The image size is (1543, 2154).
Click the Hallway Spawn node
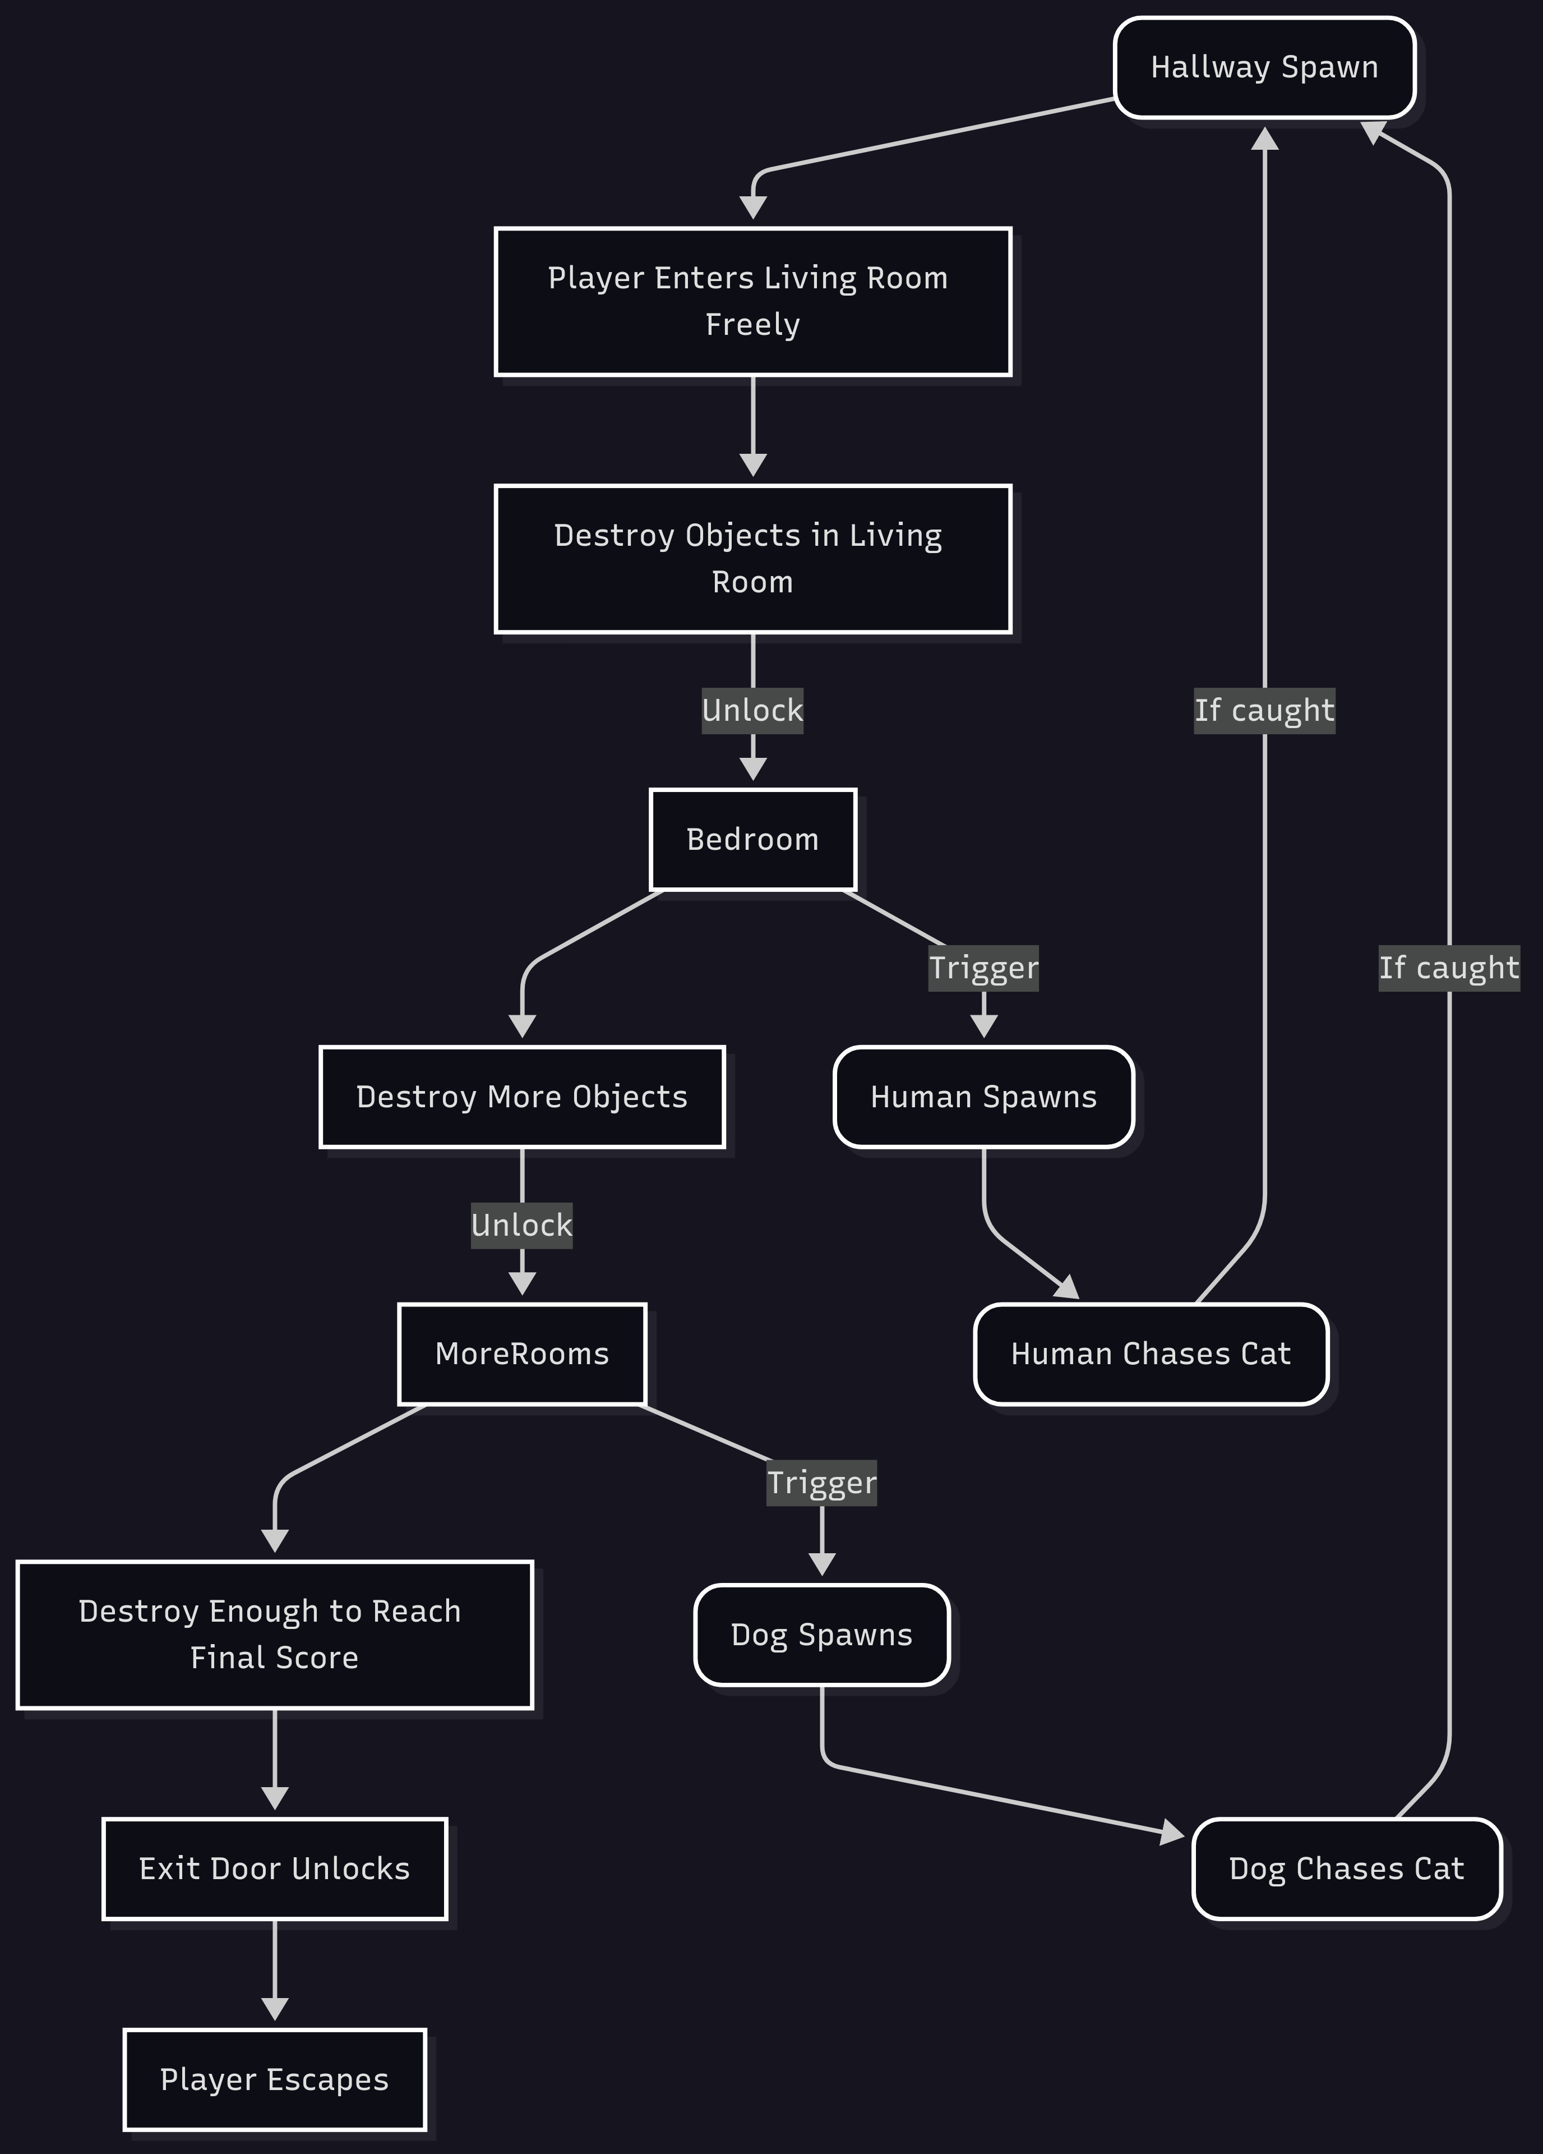coord(1264,67)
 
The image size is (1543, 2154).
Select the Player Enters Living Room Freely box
coord(752,301)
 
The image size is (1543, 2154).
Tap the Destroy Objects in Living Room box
coord(752,559)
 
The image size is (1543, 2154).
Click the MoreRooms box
coord(521,1354)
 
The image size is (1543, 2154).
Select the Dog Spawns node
coord(821,1635)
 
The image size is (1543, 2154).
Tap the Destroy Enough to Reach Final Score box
coord(274,1635)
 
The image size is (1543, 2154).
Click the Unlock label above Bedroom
coord(752,710)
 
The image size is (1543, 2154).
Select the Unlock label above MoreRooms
coord(521,1225)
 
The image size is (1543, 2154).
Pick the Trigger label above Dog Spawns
coord(821,1483)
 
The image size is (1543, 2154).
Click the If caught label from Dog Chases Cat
coord(1448,968)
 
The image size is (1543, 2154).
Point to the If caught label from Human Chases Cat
coord(1264,710)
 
